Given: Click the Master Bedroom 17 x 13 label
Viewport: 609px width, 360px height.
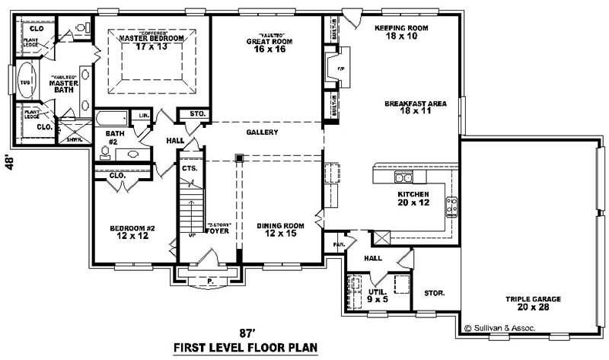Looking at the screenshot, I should click(150, 41).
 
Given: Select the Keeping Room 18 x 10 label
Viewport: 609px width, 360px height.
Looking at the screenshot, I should click(402, 31).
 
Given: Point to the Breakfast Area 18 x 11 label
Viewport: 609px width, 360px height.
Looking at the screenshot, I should click(415, 107).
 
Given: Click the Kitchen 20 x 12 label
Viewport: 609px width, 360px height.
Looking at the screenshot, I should click(413, 199).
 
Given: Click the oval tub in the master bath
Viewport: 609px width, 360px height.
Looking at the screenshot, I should click(25, 82).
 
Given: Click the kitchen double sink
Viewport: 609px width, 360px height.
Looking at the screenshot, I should click(403, 178).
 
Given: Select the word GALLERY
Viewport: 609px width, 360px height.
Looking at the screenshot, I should click(261, 132).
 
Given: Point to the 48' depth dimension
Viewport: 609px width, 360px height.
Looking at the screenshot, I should click(11, 164).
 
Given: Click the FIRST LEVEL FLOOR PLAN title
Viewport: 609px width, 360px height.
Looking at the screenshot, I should click(245, 349).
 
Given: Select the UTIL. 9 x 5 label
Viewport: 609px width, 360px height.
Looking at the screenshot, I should click(378, 295).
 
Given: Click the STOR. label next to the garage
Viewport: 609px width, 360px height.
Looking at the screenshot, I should click(434, 292).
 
